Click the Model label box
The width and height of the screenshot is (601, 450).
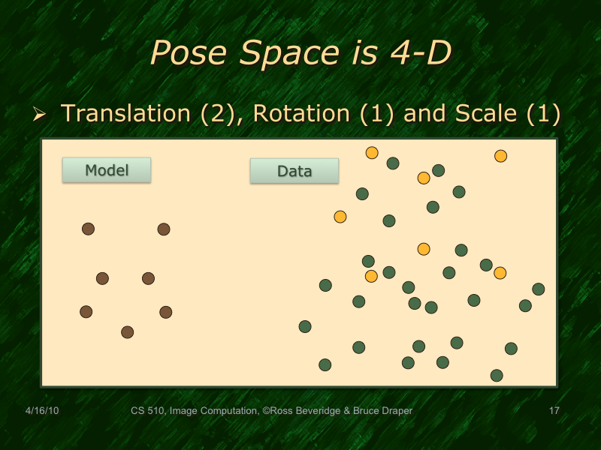click(106, 170)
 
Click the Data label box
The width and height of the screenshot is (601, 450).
click(294, 171)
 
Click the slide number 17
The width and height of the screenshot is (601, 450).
click(555, 411)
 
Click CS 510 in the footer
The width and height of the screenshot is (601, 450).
click(147, 411)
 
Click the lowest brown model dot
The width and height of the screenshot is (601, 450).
click(128, 332)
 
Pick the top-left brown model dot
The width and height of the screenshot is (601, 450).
click(88, 229)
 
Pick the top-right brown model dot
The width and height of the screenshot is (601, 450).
click(164, 229)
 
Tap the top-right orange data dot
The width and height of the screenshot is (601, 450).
click(500, 156)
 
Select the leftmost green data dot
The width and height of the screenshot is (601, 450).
click(305, 326)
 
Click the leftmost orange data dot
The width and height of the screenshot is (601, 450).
click(340, 217)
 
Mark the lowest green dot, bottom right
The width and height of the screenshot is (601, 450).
click(496, 375)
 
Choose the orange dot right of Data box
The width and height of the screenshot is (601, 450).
click(372, 153)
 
